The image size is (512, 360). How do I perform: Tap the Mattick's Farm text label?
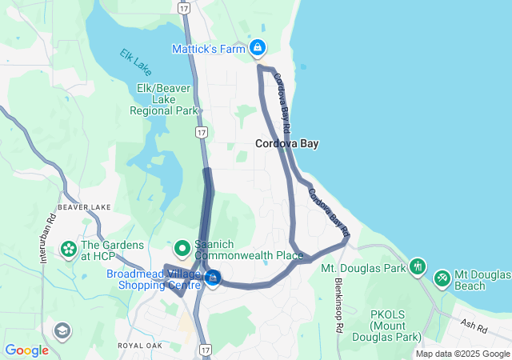tap(208, 50)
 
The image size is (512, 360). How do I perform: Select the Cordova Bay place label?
tap(287, 145)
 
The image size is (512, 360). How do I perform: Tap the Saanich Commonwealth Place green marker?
tap(182, 248)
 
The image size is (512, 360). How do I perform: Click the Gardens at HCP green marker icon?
tap(68, 251)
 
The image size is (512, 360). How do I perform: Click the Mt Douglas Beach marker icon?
tap(442, 278)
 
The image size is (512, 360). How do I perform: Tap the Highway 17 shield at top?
tap(185, 8)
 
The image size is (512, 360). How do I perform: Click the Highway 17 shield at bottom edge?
tap(206, 350)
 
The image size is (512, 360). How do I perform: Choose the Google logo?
tap(26, 350)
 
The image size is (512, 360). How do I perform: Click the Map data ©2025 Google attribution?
tap(462, 354)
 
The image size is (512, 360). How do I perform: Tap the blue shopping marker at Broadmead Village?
tap(213, 277)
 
